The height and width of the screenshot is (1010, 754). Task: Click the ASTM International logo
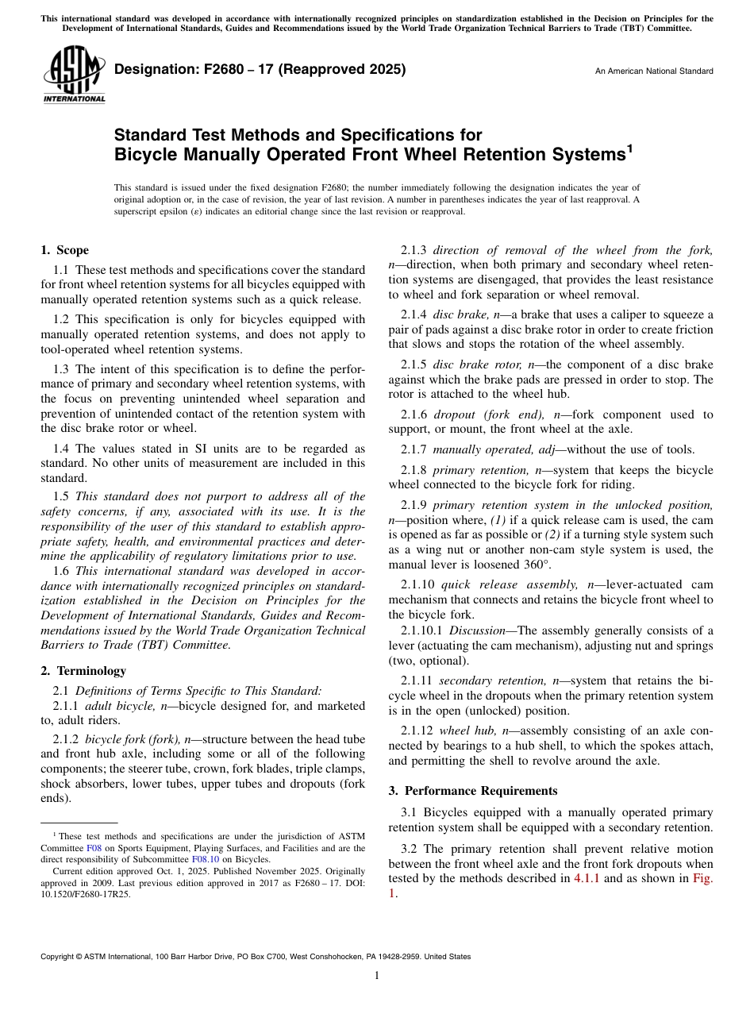(74, 75)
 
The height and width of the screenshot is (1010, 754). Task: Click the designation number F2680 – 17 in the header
(260, 69)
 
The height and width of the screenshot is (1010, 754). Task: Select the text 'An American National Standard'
(654, 71)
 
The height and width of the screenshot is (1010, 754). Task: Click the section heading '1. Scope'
(64, 250)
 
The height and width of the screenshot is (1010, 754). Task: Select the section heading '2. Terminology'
(83, 671)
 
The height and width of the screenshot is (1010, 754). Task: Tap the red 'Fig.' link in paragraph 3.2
(702, 878)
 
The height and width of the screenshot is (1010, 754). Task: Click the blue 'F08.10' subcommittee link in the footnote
(206, 859)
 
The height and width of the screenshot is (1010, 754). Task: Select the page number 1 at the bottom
(376, 976)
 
